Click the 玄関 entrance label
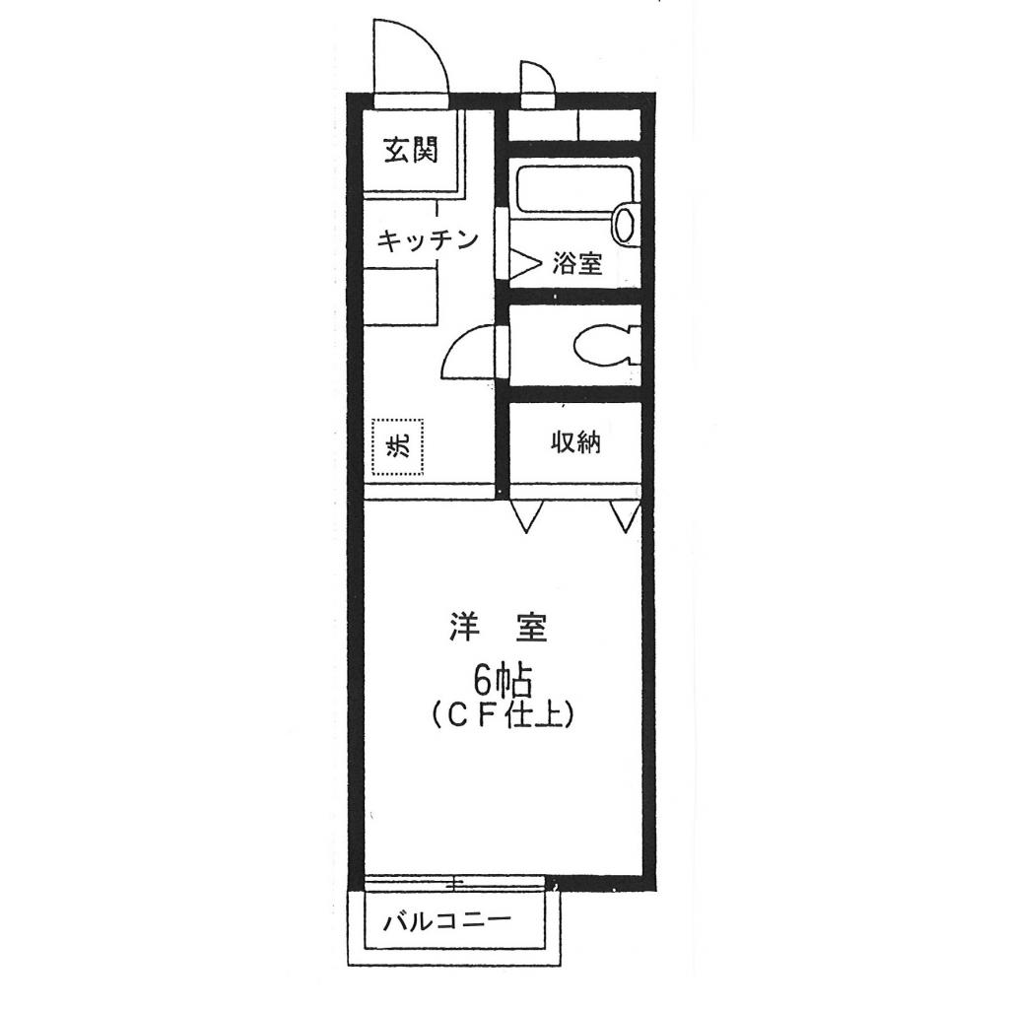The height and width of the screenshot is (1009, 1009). tap(411, 152)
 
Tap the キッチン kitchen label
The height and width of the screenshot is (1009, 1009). tap(428, 239)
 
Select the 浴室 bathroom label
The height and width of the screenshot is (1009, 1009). tap(576, 264)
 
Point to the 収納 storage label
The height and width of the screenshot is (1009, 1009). tap(574, 443)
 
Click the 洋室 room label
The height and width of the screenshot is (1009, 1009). tap(498, 627)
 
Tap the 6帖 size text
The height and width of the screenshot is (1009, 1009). tap(503, 679)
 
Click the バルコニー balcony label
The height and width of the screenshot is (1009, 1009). tap(447, 923)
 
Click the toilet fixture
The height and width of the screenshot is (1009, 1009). tap(600, 345)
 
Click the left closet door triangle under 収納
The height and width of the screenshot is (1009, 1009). tap(526, 515)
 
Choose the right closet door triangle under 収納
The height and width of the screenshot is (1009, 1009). tap(625, 515)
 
